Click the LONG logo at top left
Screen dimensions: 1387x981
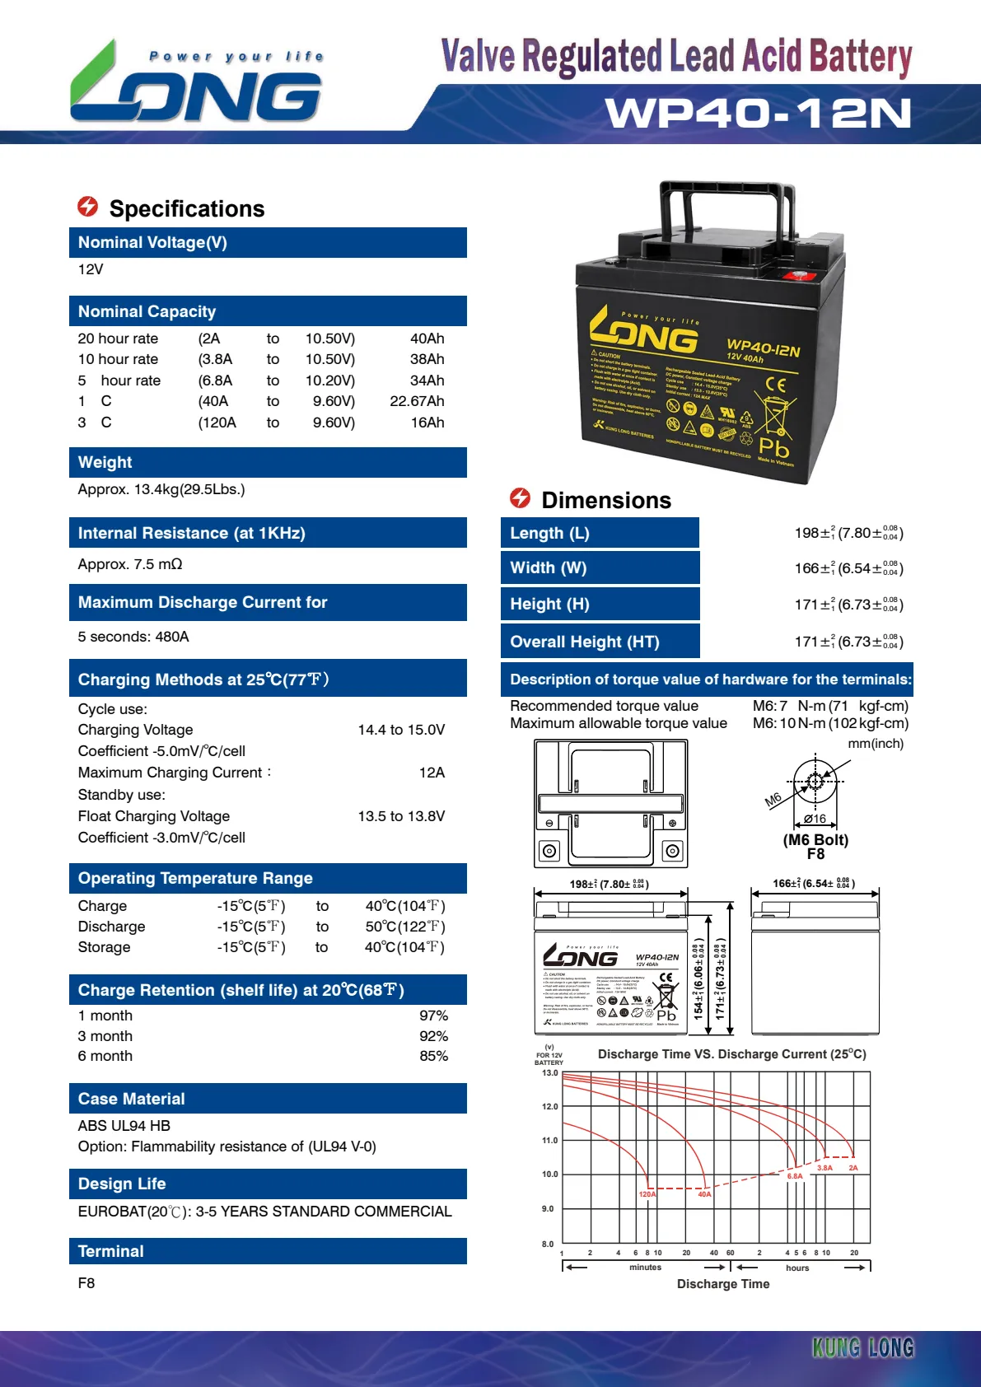click(x=196, y=86)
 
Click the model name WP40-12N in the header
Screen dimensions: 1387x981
click(x=758, y=114)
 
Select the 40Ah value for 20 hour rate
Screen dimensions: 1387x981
click(x=427, y=339)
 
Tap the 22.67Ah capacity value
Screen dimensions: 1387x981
click(x=417, y=401)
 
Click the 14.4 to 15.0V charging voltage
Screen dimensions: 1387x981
click(x=401, y=730)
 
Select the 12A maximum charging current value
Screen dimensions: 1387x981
click(x=432, y=773)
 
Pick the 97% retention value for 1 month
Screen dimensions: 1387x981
click(x=433, y=1016)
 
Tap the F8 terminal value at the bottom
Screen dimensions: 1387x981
click(x=86, y=1283)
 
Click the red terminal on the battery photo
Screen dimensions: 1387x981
click(x=809, y=277)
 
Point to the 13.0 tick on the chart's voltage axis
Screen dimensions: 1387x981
click(x=549, y=1073)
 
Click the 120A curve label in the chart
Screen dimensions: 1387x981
click(x=647, y=1194)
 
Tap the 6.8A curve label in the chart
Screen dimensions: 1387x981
click(x=795, y=1176)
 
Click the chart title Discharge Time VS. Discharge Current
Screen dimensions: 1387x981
click(x=731, y=1054)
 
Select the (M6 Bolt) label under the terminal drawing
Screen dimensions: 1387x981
click(x=815, y=840)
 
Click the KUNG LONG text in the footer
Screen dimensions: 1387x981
click(x=862, y=1347)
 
